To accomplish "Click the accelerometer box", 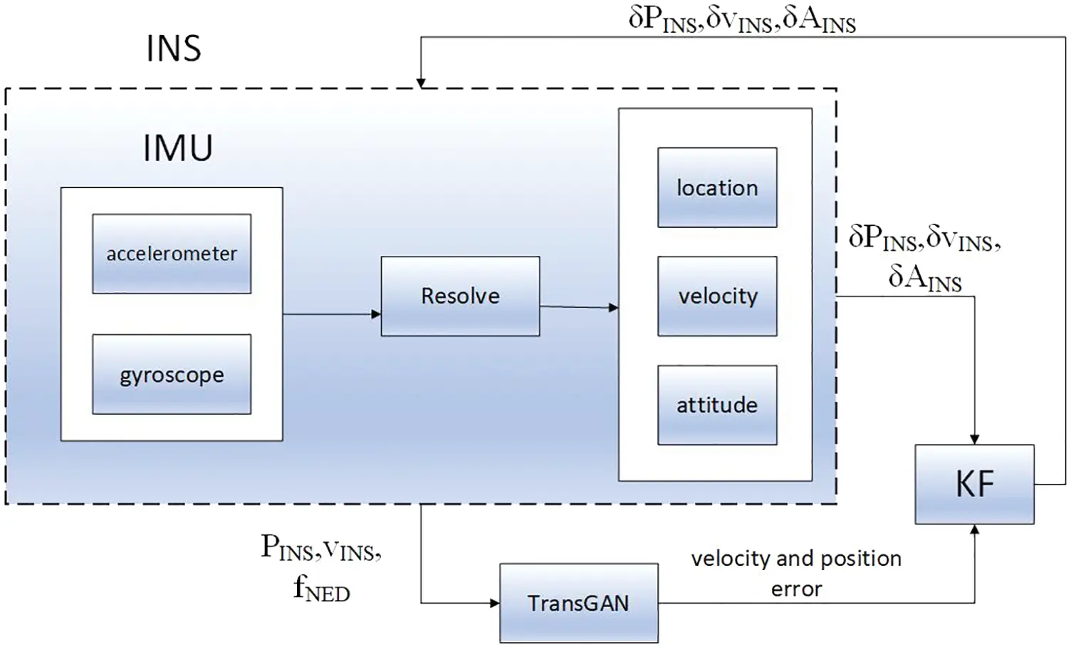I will [x=172, y=254].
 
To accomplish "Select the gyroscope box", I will [x=172, y=374].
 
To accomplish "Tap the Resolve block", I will [x=460, y=296].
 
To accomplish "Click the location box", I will [x=717, y=187].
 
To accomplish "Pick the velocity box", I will [x=717, y=296].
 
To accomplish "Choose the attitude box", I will [x=717, y=405].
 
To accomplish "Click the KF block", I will [x=974, y=485].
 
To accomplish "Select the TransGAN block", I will [x=578, y=604].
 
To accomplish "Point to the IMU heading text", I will [x=178, y=148].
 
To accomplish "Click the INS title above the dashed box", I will [x=174, y=48].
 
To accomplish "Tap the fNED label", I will [x=321, y=589].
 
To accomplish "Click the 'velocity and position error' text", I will [x=796, y=573].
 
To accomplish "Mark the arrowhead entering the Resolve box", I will [x=376, y=314].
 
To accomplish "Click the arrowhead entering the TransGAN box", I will [x=494, y=604].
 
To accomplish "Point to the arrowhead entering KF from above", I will [x=974, y=440].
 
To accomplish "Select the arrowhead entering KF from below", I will [x=974, y=530].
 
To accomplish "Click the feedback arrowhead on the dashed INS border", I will [x=421, y=83].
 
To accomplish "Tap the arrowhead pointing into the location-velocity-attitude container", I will [x=613, y=308].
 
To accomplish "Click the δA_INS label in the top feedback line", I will [x=819, y=20].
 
